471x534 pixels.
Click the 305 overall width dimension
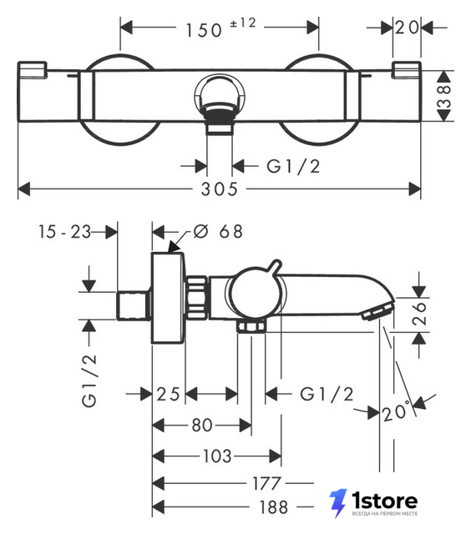pos(219,189)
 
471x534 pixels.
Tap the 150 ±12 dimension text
pos(220,28)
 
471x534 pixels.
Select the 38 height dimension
pos(444,97)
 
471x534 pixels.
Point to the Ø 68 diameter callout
pos(218,232)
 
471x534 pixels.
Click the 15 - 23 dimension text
pos(64,232)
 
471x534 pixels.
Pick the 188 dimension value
pos(273,507)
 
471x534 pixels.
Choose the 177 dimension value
pos(266,483)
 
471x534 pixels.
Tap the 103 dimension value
pos(217,456)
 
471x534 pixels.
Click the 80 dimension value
pos(202,425)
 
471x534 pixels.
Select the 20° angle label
pos(396,411)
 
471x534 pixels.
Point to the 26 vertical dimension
pos(419,313)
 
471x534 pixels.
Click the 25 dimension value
pos(168,395)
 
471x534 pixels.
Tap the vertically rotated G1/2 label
pos(89,380)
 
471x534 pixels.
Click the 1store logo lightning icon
pos(338,503)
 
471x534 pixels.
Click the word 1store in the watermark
pos(384,501)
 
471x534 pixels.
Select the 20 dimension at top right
pos(407,28)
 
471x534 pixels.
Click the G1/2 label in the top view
pos(293,167)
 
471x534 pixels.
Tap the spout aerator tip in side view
pos(377,312)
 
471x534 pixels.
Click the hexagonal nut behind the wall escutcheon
pos(197,298)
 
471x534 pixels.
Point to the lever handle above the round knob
pos(275,266)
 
